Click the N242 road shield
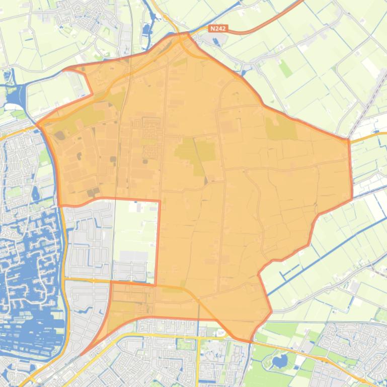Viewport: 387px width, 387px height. [x=218, y=29]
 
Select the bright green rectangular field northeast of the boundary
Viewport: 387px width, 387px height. [x=286, y=68]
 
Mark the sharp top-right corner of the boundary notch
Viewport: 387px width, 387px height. [x=159, y=202]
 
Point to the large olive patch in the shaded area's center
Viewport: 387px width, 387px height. [x=194, y=153]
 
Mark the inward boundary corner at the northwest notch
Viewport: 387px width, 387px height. [x=92, y=93]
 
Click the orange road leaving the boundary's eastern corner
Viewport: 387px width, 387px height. [x=367, y=136]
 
